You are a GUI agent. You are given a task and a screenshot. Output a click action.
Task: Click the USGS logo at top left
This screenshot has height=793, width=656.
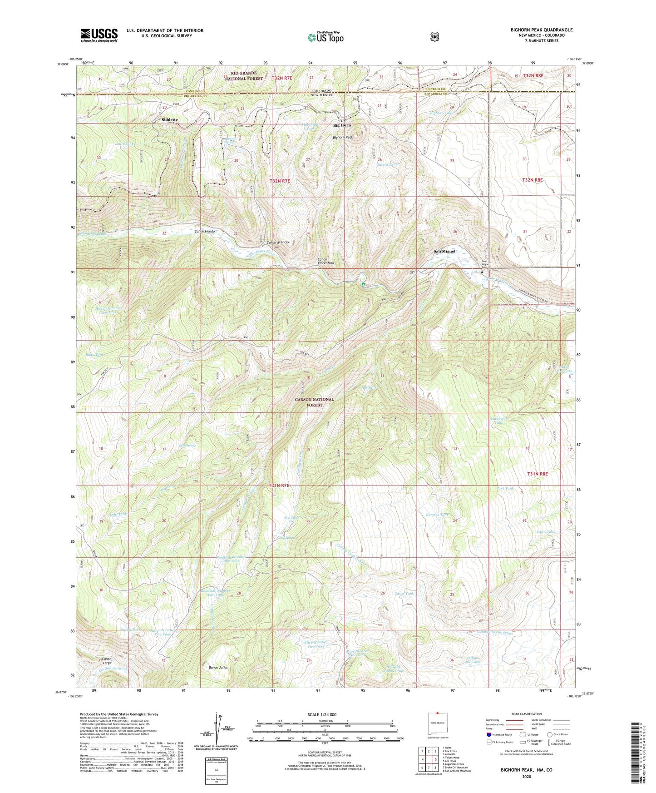[x=99, y=35]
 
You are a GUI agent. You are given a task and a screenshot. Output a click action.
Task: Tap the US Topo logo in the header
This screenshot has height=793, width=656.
[x=325, y=37]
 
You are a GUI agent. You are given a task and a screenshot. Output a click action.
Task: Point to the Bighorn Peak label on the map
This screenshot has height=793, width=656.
[x=343, y=137]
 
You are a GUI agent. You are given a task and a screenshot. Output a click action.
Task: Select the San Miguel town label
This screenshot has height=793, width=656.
[x=444, y=251]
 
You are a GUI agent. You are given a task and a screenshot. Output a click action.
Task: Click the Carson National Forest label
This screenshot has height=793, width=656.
[x=314, y=402]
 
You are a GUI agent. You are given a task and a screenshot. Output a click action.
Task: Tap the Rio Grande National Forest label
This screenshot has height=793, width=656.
[x=243, y=76]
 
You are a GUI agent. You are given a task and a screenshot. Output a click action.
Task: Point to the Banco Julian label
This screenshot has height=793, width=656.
[x=218, y=668]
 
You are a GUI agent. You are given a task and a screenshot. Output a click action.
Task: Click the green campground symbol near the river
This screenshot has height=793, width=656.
[x=364, y=285]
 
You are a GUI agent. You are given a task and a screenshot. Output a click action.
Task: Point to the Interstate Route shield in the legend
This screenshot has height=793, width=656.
[x=488, y=734]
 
